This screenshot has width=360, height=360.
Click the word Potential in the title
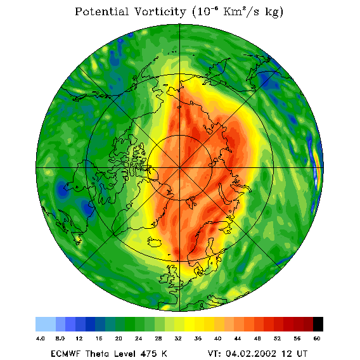[101, 11]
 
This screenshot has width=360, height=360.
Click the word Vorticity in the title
[160, 11]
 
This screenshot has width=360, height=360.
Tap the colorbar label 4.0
[40, 338]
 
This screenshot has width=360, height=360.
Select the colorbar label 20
[119, 338]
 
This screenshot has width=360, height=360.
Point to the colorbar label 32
[178, 338]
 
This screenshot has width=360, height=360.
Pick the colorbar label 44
[238, 338]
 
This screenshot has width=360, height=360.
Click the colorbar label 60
[317, 338]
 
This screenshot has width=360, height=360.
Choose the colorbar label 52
[277, 338]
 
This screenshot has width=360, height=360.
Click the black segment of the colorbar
[318, 324]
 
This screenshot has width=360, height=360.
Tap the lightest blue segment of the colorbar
[46, 324]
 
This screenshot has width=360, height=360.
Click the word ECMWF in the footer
[65, 353]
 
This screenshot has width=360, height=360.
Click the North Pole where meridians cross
[179, 168]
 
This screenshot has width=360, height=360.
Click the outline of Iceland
[155, 242]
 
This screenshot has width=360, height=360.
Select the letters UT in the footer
[301, 353]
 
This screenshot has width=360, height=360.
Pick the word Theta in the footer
[100, 353]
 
